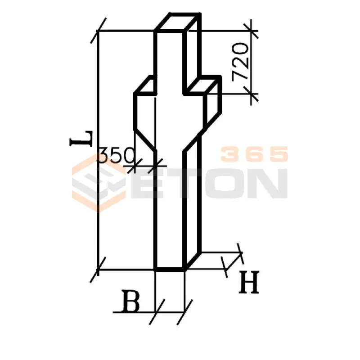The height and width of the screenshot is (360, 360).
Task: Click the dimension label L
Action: coord(81,139)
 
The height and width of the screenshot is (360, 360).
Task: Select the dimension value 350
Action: coord(117,155)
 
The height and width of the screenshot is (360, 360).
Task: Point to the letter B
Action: coord(131,301)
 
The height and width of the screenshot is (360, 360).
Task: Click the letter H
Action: coord(249,282)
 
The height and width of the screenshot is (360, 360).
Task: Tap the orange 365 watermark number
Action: coord(254,154)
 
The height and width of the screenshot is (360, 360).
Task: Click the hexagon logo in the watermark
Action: coord(99,183)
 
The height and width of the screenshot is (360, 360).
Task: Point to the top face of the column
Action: coord(178,22)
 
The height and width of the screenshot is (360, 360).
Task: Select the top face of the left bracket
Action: coord(145,85)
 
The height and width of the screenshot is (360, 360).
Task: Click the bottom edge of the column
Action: coord(170,269)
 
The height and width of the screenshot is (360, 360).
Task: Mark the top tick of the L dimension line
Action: coord(98,30)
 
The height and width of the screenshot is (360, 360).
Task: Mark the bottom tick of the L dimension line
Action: coord(98,270)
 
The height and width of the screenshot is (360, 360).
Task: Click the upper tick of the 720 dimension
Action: coord(251,31)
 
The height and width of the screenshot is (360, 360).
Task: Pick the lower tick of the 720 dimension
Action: coord(251,94)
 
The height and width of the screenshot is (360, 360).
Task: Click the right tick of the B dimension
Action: coord(184,312)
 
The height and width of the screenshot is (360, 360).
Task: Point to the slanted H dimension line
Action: coord(234,261)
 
